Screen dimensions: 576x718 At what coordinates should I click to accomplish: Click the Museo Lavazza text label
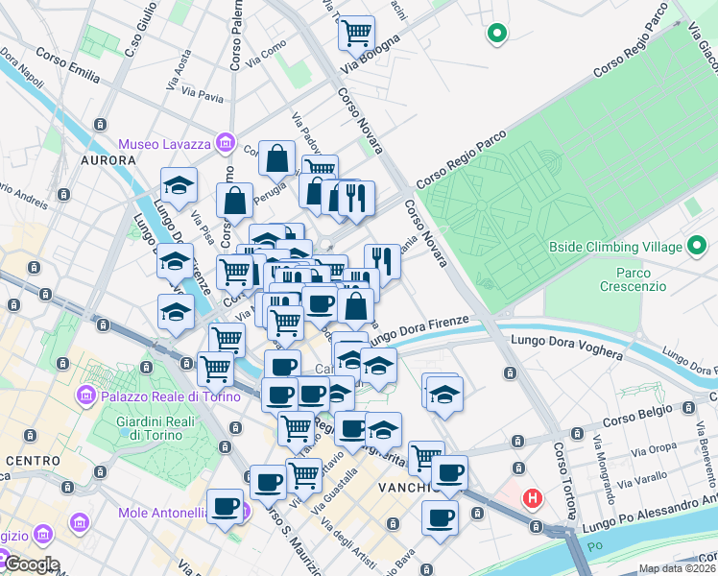(166, 144)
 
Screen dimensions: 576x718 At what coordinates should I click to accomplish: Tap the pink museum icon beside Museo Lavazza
(226, 143)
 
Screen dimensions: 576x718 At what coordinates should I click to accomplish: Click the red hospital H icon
(531, 498)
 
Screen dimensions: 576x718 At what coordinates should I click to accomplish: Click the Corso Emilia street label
(68, 61)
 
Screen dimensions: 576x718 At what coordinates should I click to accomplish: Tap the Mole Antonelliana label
(163, 513)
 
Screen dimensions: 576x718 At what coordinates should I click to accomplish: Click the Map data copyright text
(677, 568)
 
